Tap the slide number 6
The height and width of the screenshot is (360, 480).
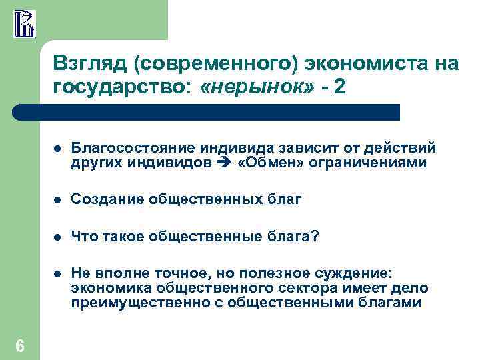pyautogui.click(x=20, y=345)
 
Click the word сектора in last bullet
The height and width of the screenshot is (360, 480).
pyautogui.click(x=296, y=288)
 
